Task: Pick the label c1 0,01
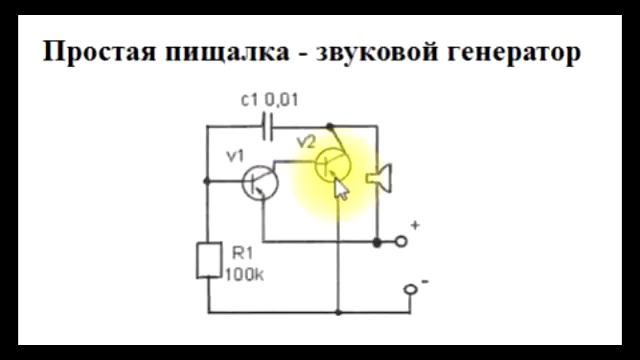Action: point(270,99)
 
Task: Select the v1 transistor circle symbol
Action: point(261,182)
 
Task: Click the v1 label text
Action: point(235,155)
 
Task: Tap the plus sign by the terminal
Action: point(416,227)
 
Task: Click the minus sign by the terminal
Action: point(425,282)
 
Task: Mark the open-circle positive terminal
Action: point(402,241)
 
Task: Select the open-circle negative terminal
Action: point(410,291)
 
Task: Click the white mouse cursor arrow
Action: point(341,189)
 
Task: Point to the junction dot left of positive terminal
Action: point(377,241)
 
